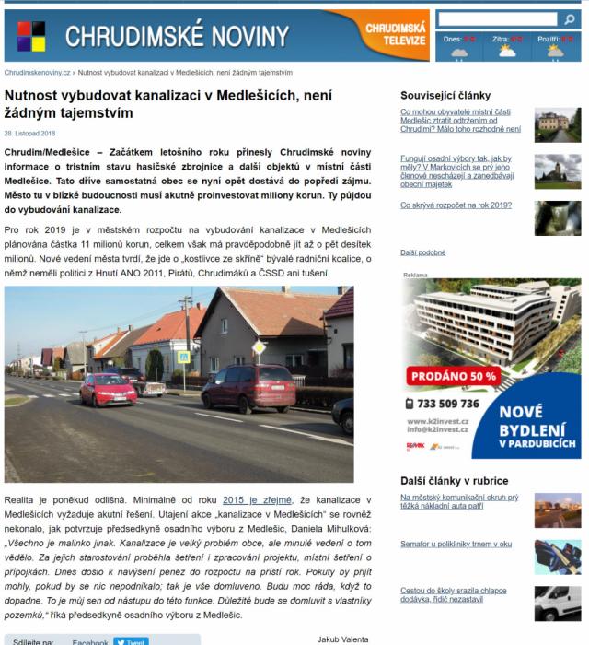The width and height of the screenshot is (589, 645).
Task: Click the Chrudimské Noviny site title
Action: pos(177,37)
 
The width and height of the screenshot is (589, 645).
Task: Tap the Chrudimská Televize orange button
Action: pos(395,35)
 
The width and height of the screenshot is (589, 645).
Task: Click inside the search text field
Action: pos(496,19)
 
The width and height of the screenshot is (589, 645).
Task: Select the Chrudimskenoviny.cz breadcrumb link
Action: pos(38,72)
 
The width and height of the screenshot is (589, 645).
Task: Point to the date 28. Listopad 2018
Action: pos(29,133)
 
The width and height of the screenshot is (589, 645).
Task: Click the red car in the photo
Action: pos(108,390)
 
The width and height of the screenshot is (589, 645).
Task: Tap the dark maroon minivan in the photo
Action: pos(248,388)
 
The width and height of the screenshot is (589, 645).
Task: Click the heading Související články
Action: pos(445,95)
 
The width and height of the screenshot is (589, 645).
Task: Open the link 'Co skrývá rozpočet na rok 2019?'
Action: pos(456,205)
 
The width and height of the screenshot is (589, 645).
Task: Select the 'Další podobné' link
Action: pos(422,252)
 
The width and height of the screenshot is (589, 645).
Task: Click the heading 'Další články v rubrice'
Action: pos(454,481)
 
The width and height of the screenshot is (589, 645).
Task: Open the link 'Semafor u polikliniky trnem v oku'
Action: pos(456,544)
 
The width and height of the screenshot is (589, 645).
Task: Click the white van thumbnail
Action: pos(558,604)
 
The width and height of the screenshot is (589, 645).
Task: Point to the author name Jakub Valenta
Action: pos(342,639)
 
